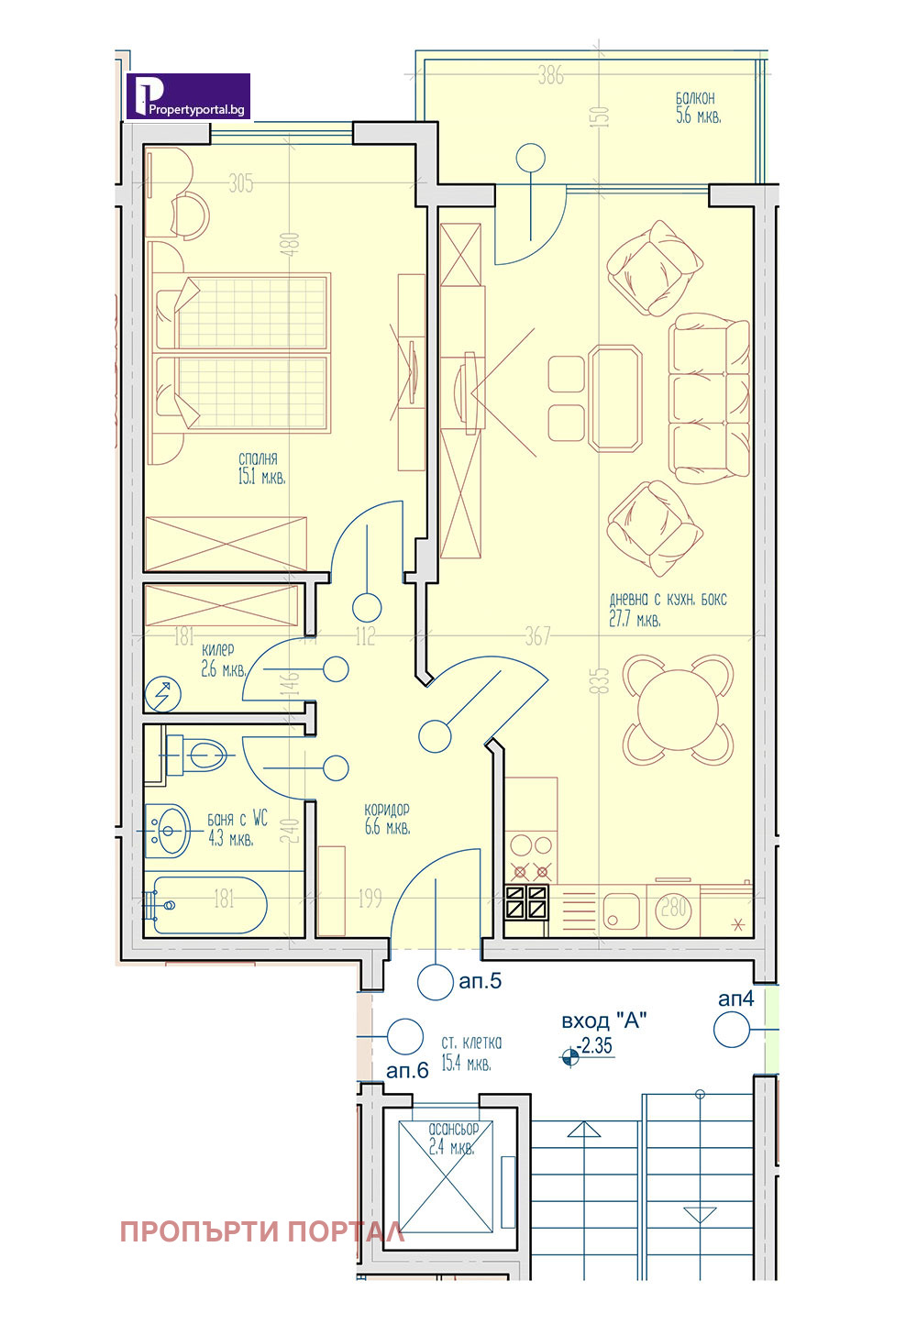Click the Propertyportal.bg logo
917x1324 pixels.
click(x=189, y=96)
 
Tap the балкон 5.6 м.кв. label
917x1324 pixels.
click(x=698, y=107)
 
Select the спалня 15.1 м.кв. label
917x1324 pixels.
click(x=261, y=469)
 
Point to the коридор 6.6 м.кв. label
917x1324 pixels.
click(x=387, y=819)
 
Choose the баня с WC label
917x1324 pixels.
click(x=238, y=820)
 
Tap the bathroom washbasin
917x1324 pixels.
click(x=167, y=831)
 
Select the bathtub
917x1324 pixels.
click(x=208, y=905)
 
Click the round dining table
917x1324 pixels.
click(x=679, y=709)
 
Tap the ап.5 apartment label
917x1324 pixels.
click(x=481, y=981)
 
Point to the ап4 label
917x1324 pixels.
click(x=736, y=999)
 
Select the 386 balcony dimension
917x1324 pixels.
click(x=550, y=76)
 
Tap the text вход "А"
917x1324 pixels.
click(x=603, y=1021)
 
